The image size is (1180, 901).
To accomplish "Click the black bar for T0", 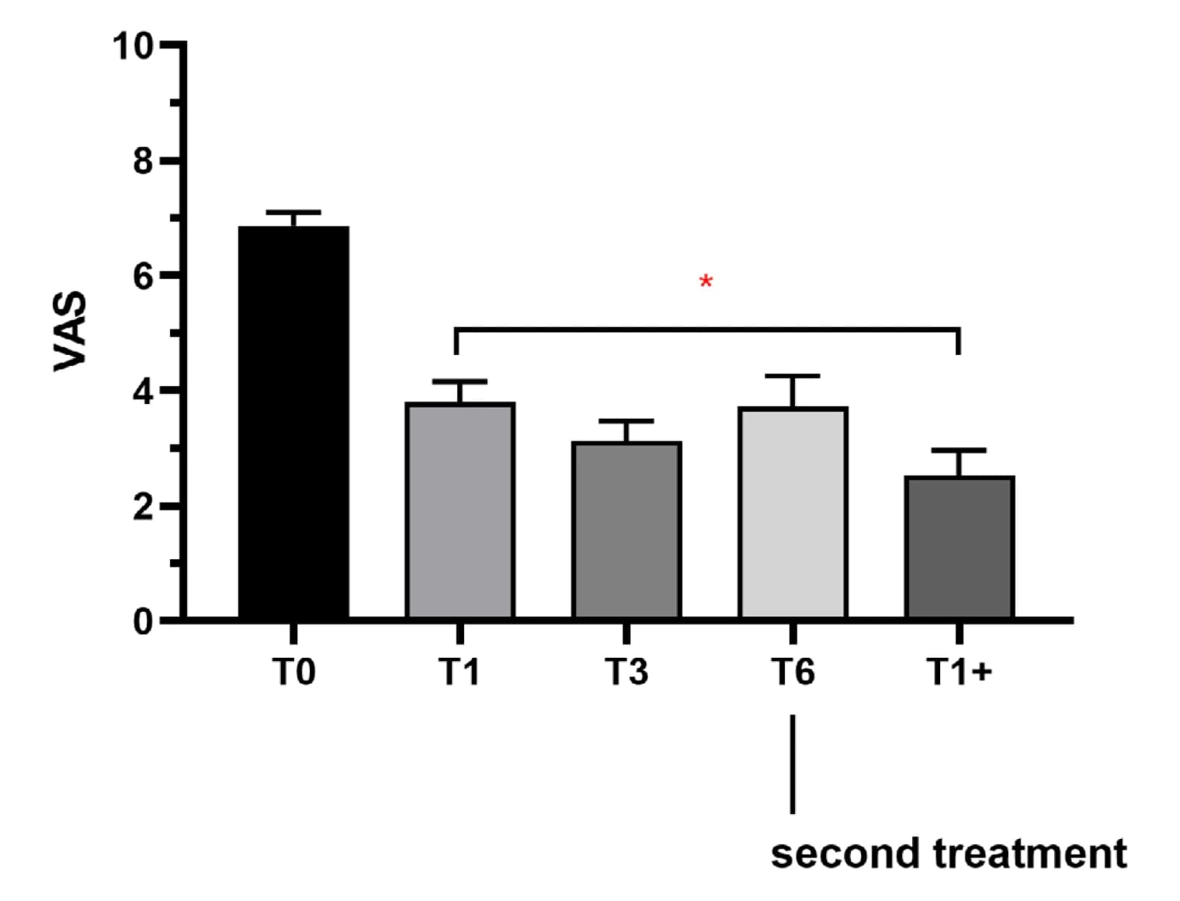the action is [293, 423].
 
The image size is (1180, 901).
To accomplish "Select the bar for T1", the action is [460, 510].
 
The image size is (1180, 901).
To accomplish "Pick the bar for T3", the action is [626, 531].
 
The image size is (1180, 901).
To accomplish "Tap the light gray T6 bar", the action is [793, 513].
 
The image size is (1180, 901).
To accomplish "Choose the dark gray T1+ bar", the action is [960, 548].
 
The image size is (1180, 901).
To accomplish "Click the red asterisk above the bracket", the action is [706, 281].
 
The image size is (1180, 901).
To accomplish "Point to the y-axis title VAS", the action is [71, 331].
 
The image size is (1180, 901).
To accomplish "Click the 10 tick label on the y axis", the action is [133, 46].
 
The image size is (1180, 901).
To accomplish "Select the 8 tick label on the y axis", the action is [143, 160].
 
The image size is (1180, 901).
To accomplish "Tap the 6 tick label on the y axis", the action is [143, 276].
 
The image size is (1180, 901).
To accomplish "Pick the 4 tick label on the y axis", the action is [143, 391].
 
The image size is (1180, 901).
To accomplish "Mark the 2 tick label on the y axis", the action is [143, 506].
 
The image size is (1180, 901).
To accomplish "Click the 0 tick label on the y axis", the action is [143, 621].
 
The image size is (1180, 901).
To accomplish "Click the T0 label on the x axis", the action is [293, 671].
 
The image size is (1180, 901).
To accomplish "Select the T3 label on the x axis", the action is [626, 671].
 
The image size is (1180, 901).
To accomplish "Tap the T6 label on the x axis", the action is [793, 671].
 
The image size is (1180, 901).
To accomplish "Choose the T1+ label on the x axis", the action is [960, 671].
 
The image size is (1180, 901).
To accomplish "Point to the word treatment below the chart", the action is [1030, 854].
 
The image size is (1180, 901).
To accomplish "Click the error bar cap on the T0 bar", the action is [293, 212].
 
